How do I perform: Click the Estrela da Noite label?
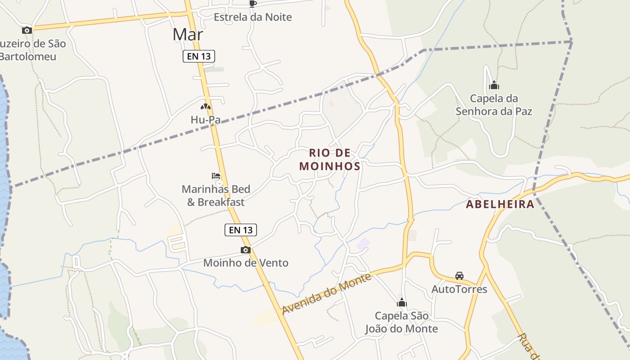coord(252,17)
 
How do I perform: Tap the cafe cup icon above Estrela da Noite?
coord(253,4)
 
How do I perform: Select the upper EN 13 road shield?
coord(199,56)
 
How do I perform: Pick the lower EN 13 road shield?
coord(240,230)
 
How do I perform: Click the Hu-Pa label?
coord(205,120)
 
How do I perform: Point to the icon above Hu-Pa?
coord(206,107)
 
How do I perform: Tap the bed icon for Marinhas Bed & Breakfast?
coord(216,176)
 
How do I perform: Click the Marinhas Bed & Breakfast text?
coord(216,196)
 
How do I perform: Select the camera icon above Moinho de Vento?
coord(245,250)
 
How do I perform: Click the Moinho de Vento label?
coord(246,263)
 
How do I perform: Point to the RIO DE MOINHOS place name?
coord(330,160)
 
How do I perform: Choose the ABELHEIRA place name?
coord(500,204)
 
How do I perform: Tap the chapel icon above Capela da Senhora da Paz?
coord(494,85)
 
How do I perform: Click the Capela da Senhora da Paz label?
coord(494,105)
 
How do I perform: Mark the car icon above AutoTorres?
coord(459,276)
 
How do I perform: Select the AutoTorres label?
coord(459,289)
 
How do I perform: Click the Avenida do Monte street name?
coord(327,294)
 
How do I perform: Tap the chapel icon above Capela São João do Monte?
coord(401,302)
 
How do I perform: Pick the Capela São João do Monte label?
coord(401,322)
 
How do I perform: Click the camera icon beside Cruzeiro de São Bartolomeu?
coord(27,31)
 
